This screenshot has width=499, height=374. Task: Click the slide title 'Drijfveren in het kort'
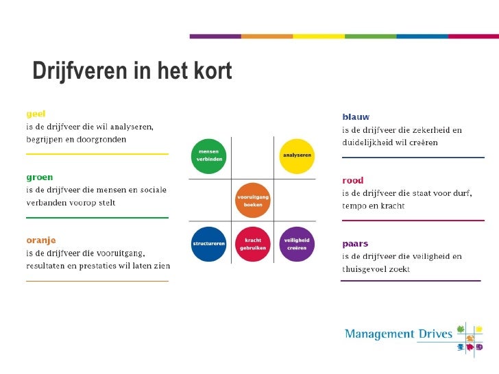pos(132,71)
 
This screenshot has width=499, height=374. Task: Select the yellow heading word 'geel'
pos(36,114)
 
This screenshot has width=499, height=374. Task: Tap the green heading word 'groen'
pos(39,177)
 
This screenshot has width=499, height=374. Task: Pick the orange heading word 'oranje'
pos(41,240)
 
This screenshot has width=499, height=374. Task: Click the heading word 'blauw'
pos(356,117)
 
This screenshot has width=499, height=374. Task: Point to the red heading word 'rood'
pos(353,180)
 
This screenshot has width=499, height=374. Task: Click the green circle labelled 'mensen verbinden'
pos(208,155)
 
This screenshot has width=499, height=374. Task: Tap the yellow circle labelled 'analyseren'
pos(297,155)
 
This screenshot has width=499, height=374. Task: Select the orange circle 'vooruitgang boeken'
pos(252,200)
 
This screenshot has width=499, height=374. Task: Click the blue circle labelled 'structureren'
pos(208,244)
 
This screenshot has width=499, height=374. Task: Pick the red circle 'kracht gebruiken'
pos(252,244)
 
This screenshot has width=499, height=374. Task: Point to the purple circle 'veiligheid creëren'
pos(297,244)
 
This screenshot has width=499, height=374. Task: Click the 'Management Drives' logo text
pos(398,334)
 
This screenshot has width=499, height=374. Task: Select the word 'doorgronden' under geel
pos(103,139)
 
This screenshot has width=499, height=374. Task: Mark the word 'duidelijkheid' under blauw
pos(371,142)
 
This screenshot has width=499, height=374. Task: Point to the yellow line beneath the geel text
pos(97,154)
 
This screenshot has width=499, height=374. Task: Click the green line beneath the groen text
pos(97,217)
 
